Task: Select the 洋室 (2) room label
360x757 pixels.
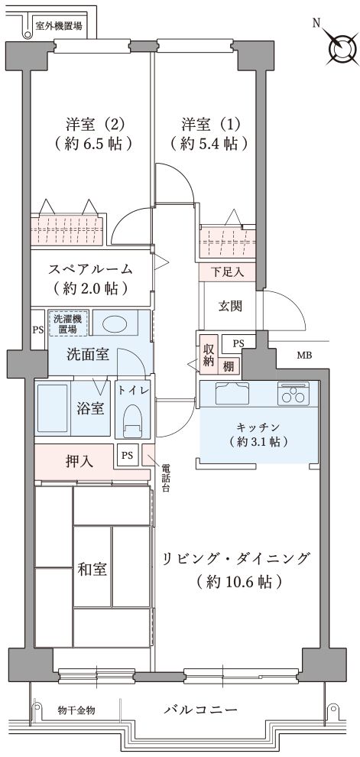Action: (x=96, y=124)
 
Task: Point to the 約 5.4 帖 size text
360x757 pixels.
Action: (x=209, y=144)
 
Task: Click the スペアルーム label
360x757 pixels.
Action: (x=91, y=269)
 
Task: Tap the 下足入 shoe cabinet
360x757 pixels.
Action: (x=227, y=272)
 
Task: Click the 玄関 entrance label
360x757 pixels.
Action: (x=230, y=306)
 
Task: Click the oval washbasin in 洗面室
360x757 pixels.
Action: (x=115, y=323)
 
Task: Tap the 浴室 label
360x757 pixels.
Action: (x=91, y=408)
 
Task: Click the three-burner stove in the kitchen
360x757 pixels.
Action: (x=293, y=395)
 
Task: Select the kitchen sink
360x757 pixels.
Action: (x=232, y=393)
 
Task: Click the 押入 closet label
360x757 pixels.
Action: (x=79, y=461)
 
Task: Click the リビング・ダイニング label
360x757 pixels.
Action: (x=236, y=559)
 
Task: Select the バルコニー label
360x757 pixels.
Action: (x=201, y=710)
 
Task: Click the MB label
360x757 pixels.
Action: (x=304, y=356)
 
